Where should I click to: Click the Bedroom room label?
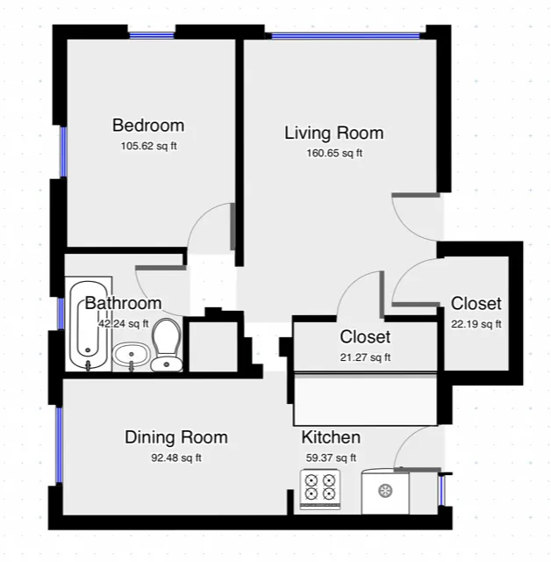pos(147,125)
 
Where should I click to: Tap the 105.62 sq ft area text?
pos(147,146)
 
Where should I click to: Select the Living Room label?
pos(333,133)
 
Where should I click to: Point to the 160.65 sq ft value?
pos(333,153)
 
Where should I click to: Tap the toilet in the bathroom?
pos(166,344)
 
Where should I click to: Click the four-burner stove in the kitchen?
pos(320,490)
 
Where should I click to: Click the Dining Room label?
pos(175,437)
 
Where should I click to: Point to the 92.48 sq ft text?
pos(175,458)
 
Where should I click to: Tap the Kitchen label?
pos(331,437)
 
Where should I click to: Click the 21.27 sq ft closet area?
pos(365,357)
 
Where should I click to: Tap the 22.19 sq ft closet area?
pos(476,324)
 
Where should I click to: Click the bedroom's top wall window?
pos(151,35)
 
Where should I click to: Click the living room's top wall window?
pos(344,36)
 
